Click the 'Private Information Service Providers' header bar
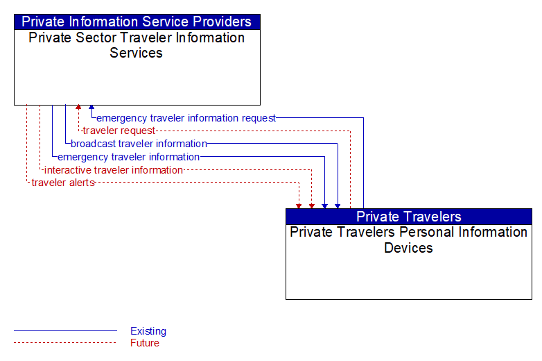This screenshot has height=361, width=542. [x=137, y=22]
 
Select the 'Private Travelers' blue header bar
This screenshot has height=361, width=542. [x=409, y=217]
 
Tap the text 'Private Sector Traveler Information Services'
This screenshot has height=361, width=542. [x=137, y=45]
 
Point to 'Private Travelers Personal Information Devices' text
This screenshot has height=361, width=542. [x=408, y=240]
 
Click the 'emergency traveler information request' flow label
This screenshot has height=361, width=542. [x=186, y=118]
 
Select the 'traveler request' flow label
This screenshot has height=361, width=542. [x=119, y=131]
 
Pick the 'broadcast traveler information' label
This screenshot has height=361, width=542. [x=139, y=144]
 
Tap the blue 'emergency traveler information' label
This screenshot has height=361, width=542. [x=129, y=157]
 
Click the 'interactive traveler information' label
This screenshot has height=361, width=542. [x=114, y=170]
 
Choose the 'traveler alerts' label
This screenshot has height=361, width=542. [x=63, y=183]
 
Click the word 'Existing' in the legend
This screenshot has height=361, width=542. [x=148, y=331]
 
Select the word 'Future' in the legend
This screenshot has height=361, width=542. [x=145, y=343]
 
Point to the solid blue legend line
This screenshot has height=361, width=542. [x=65, y=331]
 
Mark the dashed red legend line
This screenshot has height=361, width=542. [x=65, y=343]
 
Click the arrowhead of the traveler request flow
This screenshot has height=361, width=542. [x=78, y=108]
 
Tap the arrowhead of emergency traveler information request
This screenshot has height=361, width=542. [x=91, y=108]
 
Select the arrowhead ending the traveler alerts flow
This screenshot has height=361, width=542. [x=299, y=206]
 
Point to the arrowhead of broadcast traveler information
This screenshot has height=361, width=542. [x=338, y=206]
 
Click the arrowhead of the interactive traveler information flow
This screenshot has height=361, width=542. [x=312, y=206]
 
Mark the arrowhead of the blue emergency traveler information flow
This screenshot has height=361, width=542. [x=324, y=206]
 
